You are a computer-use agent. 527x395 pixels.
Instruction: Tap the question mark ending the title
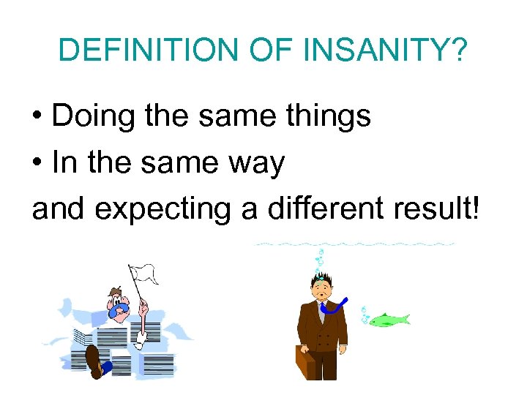(x=458, y=50)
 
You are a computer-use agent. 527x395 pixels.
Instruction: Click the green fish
(x=388, y=320)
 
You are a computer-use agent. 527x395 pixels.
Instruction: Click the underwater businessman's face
(x=321, y=288)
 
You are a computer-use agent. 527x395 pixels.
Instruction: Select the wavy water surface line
(x=355, y=244)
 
